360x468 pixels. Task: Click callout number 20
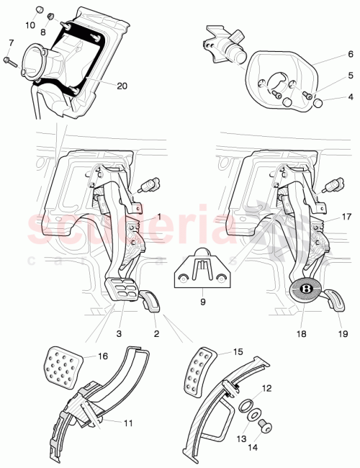pos(122,86)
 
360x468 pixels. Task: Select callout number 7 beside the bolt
pos(9,44)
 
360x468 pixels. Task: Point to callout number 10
pos(30,25)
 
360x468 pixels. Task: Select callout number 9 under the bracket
pos(202,301)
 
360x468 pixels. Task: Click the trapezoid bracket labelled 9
pos(202,271)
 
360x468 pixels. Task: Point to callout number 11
pos(127,424)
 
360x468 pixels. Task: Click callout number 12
pos(266,388)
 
